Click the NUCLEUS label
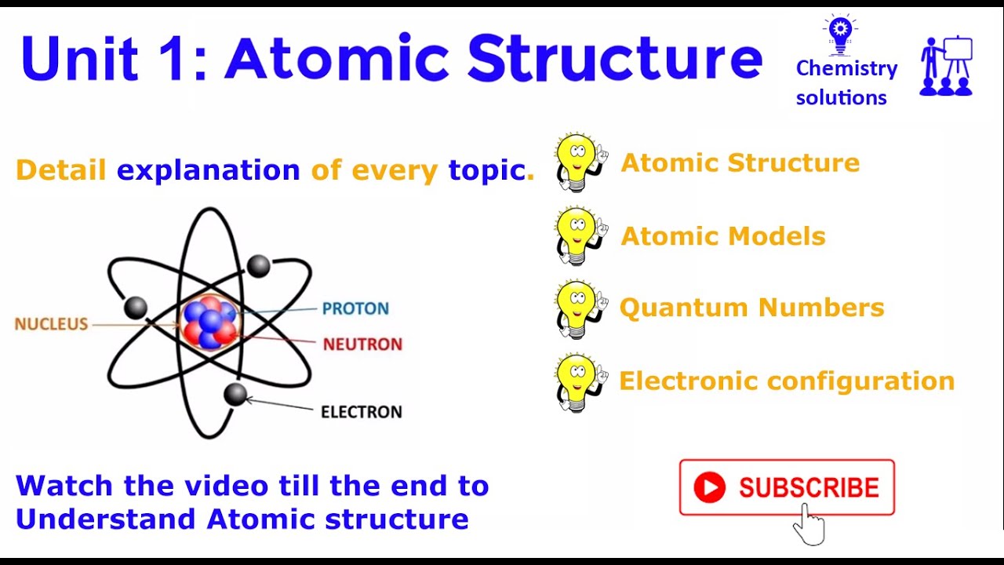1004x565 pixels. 51,323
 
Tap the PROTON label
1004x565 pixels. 355,308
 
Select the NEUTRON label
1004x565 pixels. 362,344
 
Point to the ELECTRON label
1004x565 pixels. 361,411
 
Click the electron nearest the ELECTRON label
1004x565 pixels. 235,394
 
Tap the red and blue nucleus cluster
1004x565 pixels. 209,322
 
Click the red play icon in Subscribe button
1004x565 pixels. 710,487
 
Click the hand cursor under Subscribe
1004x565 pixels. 809,524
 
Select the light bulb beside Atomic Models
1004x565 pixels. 579,235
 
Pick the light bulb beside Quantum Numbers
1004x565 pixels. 579,308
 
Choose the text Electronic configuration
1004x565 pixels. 787,381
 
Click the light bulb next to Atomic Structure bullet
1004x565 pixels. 579,162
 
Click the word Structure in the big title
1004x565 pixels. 614,60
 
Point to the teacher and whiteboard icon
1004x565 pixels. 947,67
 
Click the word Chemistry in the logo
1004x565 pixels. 846,69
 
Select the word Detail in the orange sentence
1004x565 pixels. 60,170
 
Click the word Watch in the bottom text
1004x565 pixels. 64,486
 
